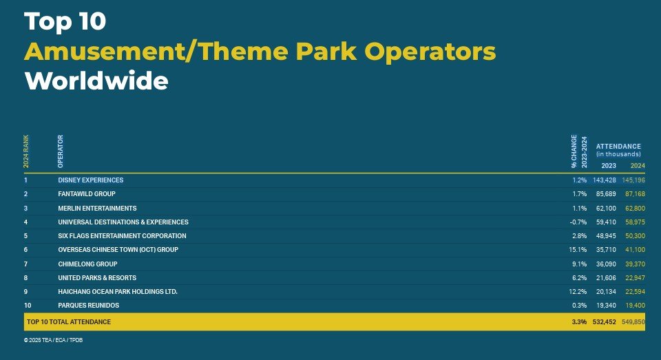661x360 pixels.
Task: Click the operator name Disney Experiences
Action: click(x=91, y=180)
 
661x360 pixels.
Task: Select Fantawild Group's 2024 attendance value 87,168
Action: click(x=635, y=194)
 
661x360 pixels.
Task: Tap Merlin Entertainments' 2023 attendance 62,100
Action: click(x=606, y=209)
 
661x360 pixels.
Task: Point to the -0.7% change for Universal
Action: click(x=578, y=222)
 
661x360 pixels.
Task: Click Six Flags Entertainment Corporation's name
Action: click(x=123, y=236)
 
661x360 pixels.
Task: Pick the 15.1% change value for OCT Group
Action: click(x=578, y=250)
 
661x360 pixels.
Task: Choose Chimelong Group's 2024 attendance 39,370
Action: click(x=635, y=264)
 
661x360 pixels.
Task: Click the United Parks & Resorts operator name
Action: click(x=97, y=278)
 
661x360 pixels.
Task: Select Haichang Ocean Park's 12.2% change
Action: click(x=578, y=292)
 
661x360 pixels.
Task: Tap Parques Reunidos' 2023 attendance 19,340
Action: click(x=606, y=305)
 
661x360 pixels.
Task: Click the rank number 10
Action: click(x=28, y=305)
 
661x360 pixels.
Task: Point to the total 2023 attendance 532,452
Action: click(x=604, y=321)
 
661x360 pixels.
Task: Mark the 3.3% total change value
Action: click(x=579, y=321)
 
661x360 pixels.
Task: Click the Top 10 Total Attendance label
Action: click(x=69, y=321)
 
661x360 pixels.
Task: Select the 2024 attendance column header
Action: click(x=638, y=166)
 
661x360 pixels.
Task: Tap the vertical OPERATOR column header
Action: click(x=61, y=151)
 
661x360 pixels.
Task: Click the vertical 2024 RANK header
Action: click(x=26, y=151)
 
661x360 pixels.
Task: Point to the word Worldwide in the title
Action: click(x=96, y=81)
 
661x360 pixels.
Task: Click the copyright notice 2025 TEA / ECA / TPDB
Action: click(x=53, y=340)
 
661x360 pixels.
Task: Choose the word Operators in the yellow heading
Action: click(x=430, y=52)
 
